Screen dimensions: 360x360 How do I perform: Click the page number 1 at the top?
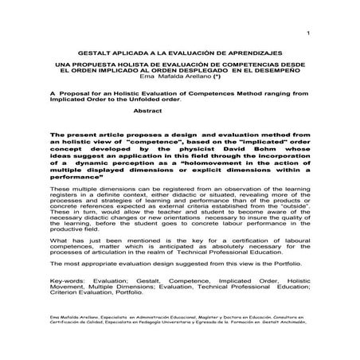307,33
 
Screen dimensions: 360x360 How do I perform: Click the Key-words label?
68,302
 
